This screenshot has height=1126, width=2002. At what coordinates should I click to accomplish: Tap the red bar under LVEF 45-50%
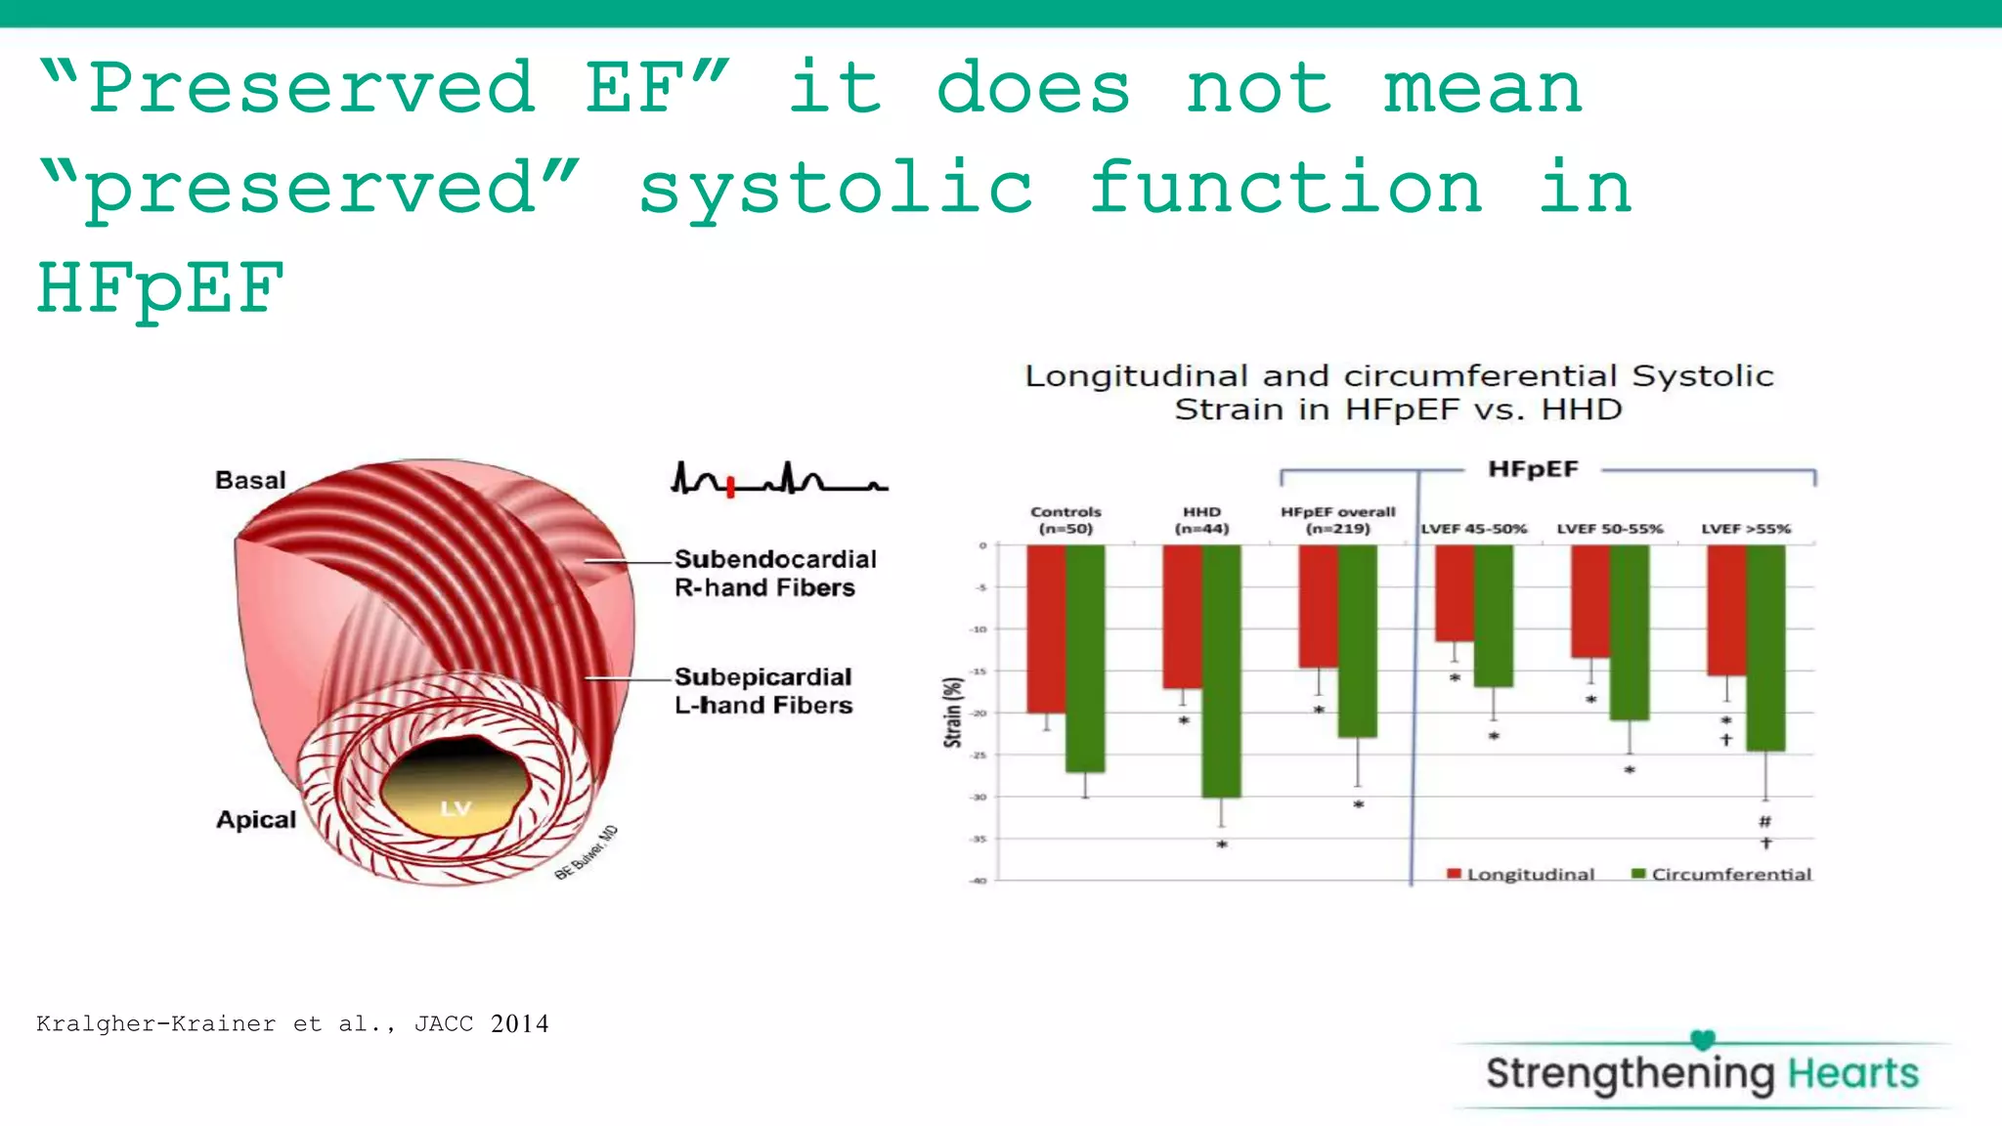[1454, 593]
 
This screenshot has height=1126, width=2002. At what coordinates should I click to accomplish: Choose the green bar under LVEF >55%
[1764, 647]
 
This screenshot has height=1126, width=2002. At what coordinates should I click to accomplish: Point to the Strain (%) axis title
[952, 713]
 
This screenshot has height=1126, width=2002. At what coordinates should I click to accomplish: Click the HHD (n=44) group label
[1201, 520]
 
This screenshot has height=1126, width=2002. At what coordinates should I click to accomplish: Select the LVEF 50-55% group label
[1609, 529]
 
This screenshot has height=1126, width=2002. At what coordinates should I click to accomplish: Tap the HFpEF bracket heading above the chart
[1533, 469]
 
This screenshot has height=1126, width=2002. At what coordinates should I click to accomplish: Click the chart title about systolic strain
[1398, 392]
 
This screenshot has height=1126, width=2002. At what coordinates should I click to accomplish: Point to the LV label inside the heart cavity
[456, 808]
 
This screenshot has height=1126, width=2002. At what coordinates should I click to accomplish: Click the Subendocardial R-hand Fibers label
[774, 573]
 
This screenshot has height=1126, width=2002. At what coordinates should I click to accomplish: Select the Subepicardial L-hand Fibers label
[762, 691]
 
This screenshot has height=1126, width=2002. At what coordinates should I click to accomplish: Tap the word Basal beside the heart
[250, 480]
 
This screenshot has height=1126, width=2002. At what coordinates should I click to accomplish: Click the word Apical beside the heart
[255, 819]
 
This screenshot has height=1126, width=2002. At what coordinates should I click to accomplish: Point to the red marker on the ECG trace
[730, 486]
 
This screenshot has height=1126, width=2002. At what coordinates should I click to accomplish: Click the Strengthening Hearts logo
[1701, 1072]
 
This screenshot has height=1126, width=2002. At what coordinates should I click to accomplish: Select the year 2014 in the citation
[519, 1023]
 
